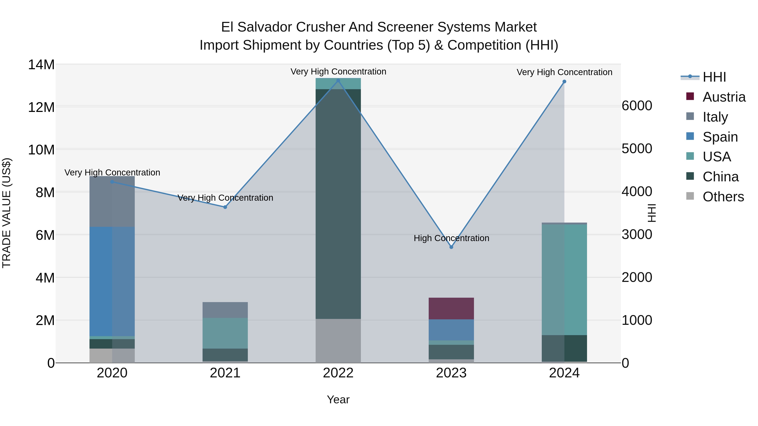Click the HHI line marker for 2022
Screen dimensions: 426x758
point(338,81)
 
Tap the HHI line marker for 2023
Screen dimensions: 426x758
point(451,247)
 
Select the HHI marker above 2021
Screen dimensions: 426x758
point(225,207)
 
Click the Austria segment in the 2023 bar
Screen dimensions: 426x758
point(451,308)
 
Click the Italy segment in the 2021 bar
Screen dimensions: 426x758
point(225,310)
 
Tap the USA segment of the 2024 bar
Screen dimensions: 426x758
point(564,279)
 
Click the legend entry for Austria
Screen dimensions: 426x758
point(724,97)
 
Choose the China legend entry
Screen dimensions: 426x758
point(720,177)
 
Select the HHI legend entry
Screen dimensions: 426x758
point(714,77)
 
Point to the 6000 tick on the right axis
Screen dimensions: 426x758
point(637,106)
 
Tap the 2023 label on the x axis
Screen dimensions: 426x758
point(451,373)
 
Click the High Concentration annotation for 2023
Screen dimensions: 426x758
point(451,238)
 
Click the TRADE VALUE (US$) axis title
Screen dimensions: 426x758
point(7,213)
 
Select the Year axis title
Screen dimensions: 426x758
point(338,399)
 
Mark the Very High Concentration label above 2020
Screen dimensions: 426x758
point(112,173)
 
